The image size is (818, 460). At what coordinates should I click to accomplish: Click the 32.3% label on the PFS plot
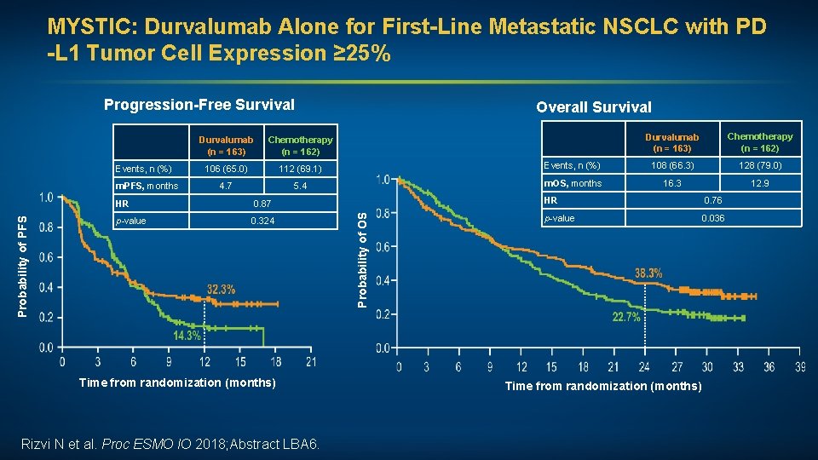(221, 290)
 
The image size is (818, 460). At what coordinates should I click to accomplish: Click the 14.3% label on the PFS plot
(187, 336)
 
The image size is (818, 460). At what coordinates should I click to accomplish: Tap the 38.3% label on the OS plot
(649, 273)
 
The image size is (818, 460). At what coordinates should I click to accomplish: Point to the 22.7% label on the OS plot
(626, 318)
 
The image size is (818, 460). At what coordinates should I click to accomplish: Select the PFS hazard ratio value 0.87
(262, 204)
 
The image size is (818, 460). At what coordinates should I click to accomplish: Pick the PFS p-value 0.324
(262, 221)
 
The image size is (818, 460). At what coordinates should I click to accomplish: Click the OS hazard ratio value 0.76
(711, 201)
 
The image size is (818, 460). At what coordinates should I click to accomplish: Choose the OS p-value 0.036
(711, 218)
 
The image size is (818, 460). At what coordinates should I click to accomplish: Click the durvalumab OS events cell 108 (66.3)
(671, 165)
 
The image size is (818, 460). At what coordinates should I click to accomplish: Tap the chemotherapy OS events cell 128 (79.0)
(759, 165)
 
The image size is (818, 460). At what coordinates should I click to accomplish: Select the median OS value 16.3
(671, 183)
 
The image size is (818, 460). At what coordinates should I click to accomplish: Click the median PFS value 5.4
(300, 186)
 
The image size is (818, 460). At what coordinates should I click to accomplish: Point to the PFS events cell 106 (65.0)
(225, 169)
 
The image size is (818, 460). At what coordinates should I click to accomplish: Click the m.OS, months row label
(573, 183)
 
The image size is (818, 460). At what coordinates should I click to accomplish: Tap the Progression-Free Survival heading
(199, 105)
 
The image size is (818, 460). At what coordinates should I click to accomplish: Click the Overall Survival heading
(593, 106)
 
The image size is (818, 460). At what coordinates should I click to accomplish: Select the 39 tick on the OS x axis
(798, 367)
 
